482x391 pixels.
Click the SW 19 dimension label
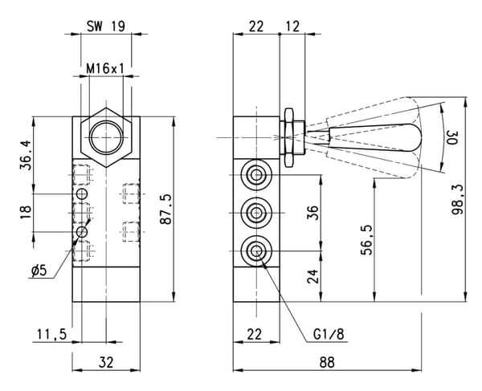106,26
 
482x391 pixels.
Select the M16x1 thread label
105,68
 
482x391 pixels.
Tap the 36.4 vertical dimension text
26,155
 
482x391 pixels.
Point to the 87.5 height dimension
165,210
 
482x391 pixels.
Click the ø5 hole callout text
39,271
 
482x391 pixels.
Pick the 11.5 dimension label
52,334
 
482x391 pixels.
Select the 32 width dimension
106,362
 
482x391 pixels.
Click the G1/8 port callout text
329,334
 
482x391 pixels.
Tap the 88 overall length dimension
327,362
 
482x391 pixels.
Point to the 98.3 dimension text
458,200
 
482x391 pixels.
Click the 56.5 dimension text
367,240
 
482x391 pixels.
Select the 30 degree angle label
452,137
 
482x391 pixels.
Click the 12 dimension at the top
292,26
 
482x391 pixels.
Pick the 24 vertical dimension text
312,276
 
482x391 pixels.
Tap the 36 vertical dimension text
312,213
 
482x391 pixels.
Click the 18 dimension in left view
26,212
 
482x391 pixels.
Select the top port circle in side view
256,175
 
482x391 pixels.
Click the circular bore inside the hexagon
106,137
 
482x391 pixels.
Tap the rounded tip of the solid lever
419,137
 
